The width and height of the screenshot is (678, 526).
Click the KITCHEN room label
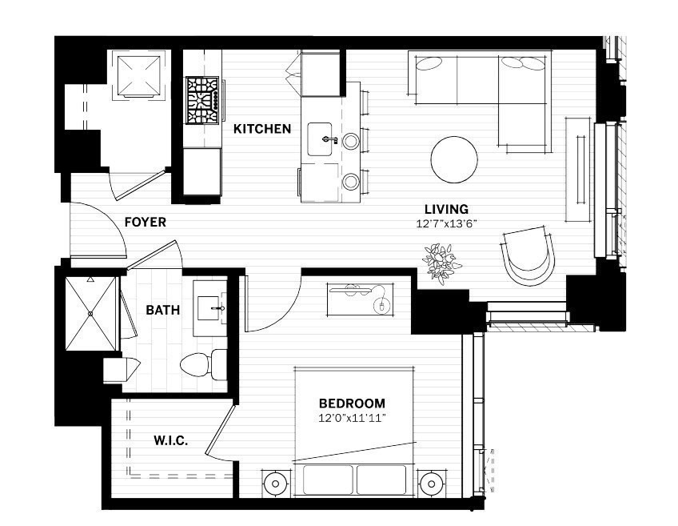point(261,128)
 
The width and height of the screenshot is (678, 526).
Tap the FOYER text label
point(145,222)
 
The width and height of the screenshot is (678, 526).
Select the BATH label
point(162,310)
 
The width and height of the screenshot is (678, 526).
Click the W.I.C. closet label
point(170,440)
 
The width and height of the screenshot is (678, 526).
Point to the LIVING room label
point(447,209)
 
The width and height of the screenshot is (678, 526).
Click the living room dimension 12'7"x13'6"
point(447,224)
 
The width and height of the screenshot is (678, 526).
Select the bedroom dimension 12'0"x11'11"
point(352,418)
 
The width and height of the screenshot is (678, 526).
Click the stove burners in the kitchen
point(203,101)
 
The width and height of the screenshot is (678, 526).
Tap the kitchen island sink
point(326,139)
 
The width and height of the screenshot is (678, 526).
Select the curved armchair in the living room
point(528,255)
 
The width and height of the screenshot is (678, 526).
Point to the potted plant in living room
point(441,261)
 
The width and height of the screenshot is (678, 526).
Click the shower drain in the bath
point(90,314)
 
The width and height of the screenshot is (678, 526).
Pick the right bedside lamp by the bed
point(431,484)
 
